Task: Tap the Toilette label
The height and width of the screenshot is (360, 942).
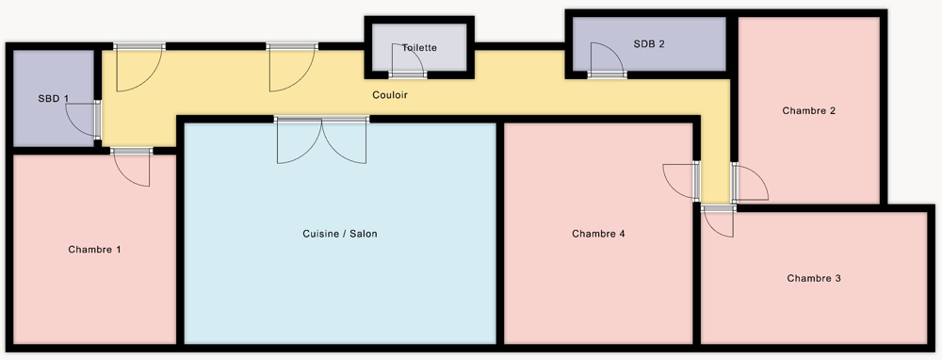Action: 419,47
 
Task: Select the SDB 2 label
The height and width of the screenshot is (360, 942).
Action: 649,44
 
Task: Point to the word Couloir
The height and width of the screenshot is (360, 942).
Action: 390,95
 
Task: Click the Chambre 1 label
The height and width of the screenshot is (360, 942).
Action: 94,250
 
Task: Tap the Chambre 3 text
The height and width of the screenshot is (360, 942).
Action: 814,278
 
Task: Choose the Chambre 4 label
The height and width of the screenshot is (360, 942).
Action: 598,234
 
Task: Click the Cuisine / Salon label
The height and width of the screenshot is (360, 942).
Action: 340,234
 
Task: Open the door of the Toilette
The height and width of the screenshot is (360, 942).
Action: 409,60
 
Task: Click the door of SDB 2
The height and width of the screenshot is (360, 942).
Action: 608,60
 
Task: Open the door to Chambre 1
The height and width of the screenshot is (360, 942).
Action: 132,167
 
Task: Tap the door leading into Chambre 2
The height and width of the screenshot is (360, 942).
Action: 749,182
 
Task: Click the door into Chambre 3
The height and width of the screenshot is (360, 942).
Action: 719,221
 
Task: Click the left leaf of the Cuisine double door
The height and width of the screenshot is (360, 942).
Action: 299,140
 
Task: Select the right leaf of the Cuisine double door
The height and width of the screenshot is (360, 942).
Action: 345,140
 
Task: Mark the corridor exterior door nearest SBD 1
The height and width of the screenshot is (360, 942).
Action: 138,67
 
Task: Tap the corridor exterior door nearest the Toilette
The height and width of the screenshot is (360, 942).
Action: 292,67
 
